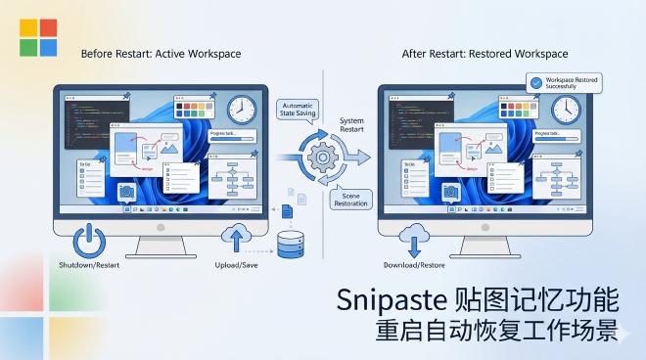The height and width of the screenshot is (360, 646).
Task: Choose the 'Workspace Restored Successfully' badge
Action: click(564, 83)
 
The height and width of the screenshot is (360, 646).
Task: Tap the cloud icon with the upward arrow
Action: click(236, 238)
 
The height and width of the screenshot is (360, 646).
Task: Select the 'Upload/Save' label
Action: click(236, 266)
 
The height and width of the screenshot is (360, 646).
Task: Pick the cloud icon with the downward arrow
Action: click(414, 238)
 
